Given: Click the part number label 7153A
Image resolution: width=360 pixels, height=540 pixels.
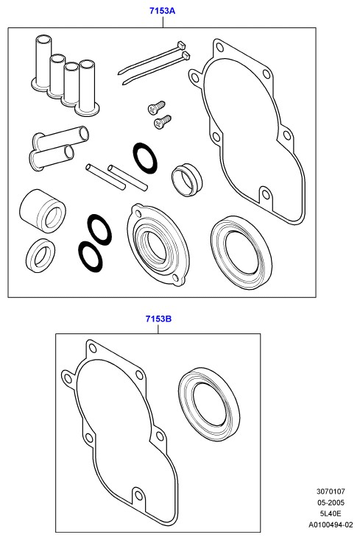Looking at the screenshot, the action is (x=162, y=11).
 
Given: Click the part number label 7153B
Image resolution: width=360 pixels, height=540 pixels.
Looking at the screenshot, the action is (x=158, y=319).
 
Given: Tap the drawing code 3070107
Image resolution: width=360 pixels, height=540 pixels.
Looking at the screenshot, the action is (x=331, y=491).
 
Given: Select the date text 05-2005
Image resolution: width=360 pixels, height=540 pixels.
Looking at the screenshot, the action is (x=331, y=502).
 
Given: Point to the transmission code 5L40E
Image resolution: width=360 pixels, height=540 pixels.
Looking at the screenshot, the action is (x=331, y=514).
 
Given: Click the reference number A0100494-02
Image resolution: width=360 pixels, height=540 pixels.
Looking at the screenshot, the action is (x=331, y=525).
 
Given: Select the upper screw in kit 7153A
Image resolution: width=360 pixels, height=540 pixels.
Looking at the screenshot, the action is (x=156, y=107).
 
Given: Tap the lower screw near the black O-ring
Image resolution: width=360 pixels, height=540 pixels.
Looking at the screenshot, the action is (x=163, y=122).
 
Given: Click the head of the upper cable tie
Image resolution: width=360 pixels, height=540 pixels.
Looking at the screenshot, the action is (x=181, y=45).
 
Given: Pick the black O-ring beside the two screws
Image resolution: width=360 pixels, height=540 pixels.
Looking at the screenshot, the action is (x=145, y=158).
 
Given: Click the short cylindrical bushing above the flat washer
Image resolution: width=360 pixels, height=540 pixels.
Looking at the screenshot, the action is (x=43, y=210).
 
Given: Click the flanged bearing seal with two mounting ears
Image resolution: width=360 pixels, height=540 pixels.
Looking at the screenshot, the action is (x=158, y=244).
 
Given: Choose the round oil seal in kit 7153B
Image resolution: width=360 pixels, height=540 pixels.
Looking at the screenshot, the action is (x=209, y=405).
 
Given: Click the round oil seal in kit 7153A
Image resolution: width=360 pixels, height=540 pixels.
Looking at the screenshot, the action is (x=241, y=253).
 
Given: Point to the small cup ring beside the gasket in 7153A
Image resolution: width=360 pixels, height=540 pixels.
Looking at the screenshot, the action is (x=187, y=180).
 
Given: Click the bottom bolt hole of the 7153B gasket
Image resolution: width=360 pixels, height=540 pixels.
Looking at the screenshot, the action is (x=139, y=495).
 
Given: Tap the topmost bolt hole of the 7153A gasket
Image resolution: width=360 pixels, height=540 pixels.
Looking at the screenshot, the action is (x=219, y=46).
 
